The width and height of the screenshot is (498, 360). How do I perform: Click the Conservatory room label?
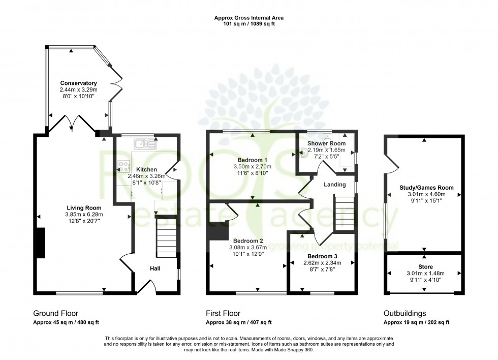(x=78, y=83)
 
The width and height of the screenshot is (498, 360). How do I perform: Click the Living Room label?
(x=84, y=207)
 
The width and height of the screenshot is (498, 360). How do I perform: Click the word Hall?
(x=155, y=268)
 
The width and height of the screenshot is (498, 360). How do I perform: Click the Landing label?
(x=335, y=184)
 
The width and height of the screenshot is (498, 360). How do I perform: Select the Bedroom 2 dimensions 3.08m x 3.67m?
(x=247, y=248)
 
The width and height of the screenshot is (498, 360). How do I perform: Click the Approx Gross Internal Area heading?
(x=248, y=18)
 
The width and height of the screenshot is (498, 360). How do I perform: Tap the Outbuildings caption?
(x=405, y=313)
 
